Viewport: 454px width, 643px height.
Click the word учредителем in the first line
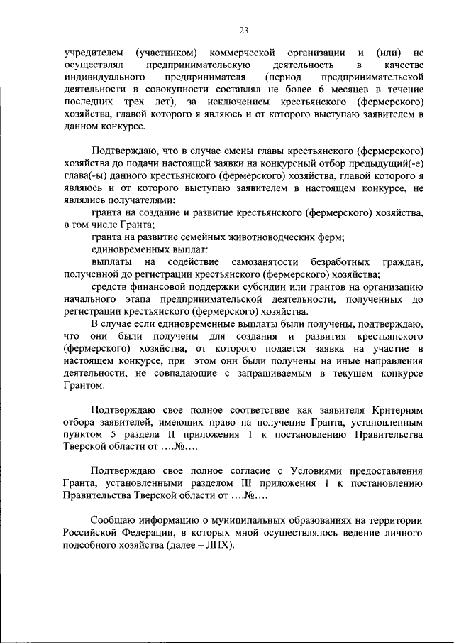click(93, 53)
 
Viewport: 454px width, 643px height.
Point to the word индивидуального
click(104, 77)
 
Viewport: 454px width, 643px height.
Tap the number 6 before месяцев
click(321, 90)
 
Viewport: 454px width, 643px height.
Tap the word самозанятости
click(270, 262)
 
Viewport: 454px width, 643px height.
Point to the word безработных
click(345, 262)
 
